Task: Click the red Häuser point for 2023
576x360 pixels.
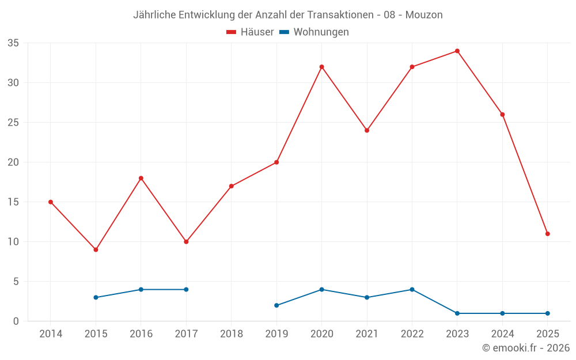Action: (x=457, y=51)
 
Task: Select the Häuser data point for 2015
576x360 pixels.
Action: (x=96, y=249)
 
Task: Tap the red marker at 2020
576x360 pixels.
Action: (x=321, y=67)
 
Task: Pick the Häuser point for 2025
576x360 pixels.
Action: (x=547, y=234)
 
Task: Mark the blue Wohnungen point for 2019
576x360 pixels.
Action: (x=276, y=305)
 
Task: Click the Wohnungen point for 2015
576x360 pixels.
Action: (x=96, y=297)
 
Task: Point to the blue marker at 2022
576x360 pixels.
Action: (x=412, y=289)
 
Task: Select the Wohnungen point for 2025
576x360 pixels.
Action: (x=547, y=313)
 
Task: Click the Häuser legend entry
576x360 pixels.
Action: (x=250, y=32)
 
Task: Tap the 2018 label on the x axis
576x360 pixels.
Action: (x=231, y=334)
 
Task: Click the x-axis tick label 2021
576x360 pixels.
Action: (x=367, y=334)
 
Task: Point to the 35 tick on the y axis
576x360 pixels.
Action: (x=13, y=43)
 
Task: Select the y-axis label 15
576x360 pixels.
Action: (x=13, y=202)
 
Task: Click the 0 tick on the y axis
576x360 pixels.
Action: (x=16, y=321)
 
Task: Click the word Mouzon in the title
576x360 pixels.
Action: (x=424, y=15)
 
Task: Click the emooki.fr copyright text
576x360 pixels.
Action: (x=526, y=348)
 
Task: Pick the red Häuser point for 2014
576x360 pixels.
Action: (x=51, y=202)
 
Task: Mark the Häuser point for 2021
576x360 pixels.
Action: (x=367, y=130)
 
